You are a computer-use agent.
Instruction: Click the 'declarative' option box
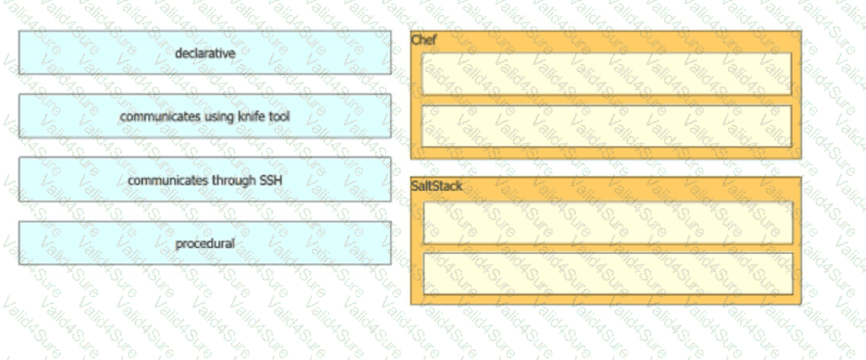205,52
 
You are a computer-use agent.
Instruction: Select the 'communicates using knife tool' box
205,116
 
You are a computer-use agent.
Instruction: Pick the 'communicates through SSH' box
205,179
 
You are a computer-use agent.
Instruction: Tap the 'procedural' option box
205,243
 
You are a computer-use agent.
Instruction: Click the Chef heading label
424,40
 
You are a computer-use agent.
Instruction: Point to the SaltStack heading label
436,186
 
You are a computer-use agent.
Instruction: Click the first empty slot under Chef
606,73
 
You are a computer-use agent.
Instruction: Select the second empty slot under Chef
606,126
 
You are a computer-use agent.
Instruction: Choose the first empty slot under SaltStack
608,223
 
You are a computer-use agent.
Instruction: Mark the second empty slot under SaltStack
608,273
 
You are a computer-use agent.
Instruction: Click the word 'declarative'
205,53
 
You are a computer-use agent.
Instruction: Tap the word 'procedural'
205,243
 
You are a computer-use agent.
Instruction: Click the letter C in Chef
415,40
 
